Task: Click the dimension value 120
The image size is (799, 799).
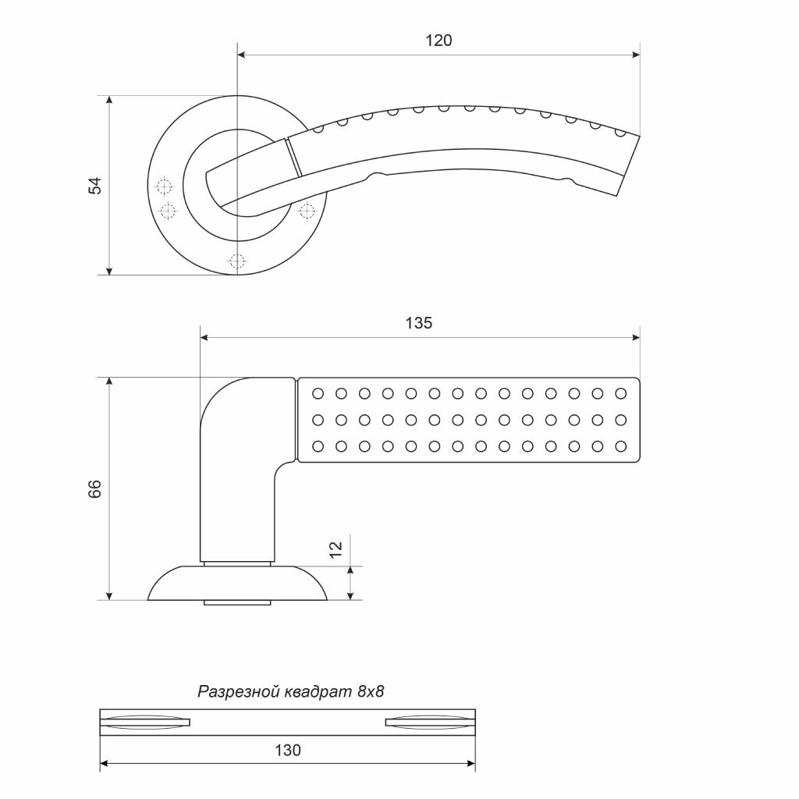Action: (439, 41)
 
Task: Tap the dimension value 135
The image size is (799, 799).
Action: (419, 323)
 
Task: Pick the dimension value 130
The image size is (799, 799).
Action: (288, 751)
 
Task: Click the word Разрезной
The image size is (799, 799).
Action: (236, 691)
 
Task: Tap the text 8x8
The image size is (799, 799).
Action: (371, 691)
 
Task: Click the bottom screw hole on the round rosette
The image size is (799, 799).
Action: (238, 261)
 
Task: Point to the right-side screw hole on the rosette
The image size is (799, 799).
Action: (307, 210)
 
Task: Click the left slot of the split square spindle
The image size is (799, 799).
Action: (145, 722)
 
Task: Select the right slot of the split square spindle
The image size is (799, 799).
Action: (430, 722)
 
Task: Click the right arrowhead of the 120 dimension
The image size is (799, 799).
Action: (635, 55)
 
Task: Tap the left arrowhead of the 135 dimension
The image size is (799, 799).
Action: (205, 338)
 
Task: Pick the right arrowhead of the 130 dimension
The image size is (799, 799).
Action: (471, 763)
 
